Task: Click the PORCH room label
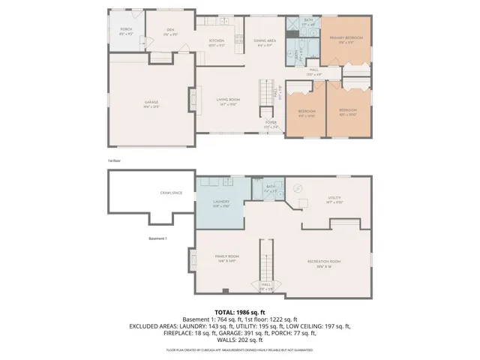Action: pyautogui.click(x=126, y=29)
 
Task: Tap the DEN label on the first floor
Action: pyautogui.click(x=170, y=29)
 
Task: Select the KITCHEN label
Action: pyautogui.click(x=217, y=40)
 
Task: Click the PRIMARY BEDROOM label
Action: pyautogui.click(x=349, y=37)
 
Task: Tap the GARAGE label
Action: pyautogui.click(x=152, y=102)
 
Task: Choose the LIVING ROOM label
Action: pyautogui.click(x=228, y=102)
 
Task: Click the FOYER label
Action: pyautogui.click(x=271, y=124)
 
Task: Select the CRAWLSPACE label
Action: pyautogui.click(x=172, y=193)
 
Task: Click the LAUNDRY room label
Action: pyautogui.click(x=220, y=202)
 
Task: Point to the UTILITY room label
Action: pyautogui.click(x=334, y=199)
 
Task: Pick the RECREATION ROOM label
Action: pyautogui.click(x=324, y=261)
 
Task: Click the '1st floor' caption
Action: pyautogui.click(x=115, y=160)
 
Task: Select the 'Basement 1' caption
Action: pyautogui.click(x=157, y=238)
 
